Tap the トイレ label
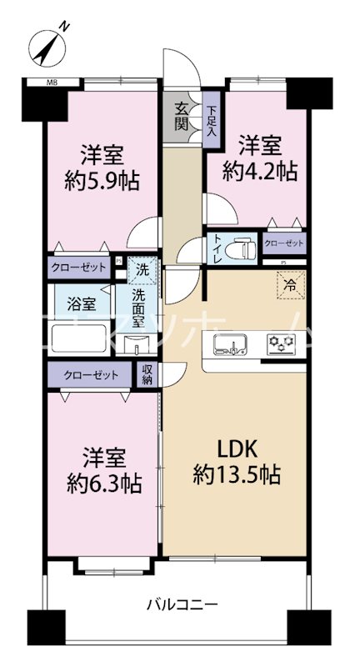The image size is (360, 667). point(217,249)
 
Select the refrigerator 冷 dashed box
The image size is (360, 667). point(291,284)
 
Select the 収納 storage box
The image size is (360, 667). point(147,375)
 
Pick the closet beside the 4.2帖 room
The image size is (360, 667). point(283,243)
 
